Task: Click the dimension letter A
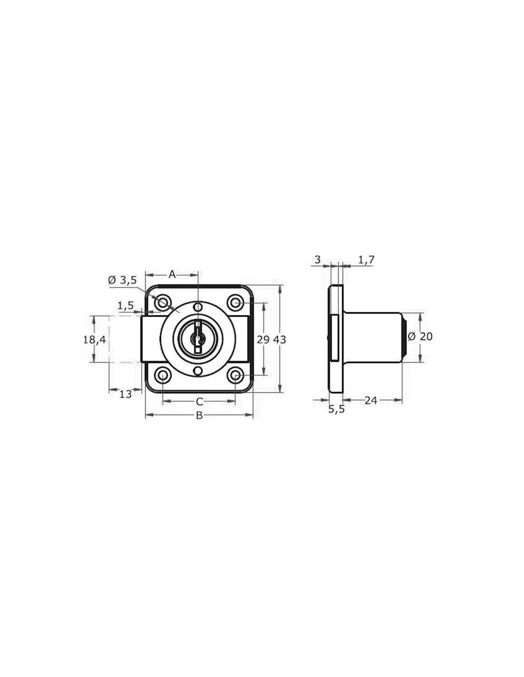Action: (172, 275)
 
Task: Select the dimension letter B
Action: (199, 415)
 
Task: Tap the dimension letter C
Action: (200, 402)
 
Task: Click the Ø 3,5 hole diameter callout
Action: (122, 280)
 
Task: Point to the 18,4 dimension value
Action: (94, 339)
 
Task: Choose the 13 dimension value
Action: (126, 394)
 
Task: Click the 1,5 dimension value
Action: (126, 306)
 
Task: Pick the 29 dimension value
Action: (263, 339)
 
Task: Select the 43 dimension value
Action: (280, 339)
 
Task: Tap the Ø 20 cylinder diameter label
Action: (420, 337)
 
